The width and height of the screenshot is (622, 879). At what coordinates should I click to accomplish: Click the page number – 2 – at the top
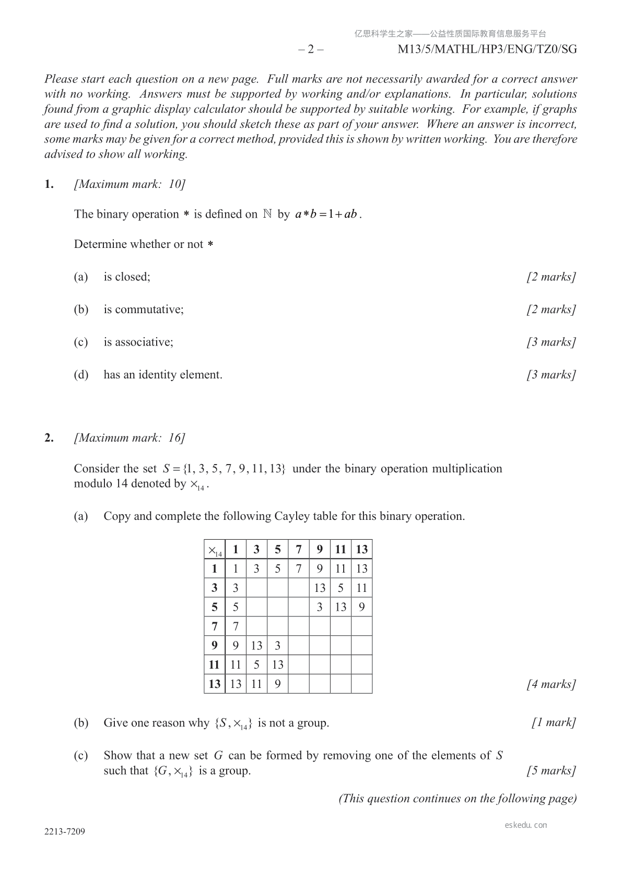point(311,49)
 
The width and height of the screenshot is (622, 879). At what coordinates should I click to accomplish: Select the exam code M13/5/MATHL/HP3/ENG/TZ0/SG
point(487,49)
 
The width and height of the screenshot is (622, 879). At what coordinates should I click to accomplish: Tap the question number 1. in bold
point(49,184)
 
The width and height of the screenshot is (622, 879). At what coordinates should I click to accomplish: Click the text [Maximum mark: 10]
point(130,184)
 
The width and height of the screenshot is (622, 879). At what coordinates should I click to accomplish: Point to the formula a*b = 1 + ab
point(326,214)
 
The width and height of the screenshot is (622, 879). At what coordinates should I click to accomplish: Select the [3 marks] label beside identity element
point(551,375)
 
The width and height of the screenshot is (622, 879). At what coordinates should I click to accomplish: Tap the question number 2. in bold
point(49,438)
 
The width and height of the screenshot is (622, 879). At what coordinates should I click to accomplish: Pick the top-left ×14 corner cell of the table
point(215,550)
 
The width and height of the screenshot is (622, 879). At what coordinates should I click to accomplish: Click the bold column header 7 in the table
point(299,549)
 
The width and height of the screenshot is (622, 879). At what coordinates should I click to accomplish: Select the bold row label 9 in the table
point(215,645)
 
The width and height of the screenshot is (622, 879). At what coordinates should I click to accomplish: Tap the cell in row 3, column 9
point(320,588)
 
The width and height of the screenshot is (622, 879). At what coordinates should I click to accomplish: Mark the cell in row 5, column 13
point(361,607)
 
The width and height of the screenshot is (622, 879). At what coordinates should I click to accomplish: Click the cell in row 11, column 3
point(256,664)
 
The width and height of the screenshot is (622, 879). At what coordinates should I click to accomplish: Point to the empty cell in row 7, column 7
point(299,626)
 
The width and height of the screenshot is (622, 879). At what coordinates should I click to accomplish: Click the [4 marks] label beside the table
point(551,684)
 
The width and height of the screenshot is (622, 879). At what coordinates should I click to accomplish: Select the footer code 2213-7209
point(64,832)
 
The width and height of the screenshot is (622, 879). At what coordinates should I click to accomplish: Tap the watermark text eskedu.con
point(526,825)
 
